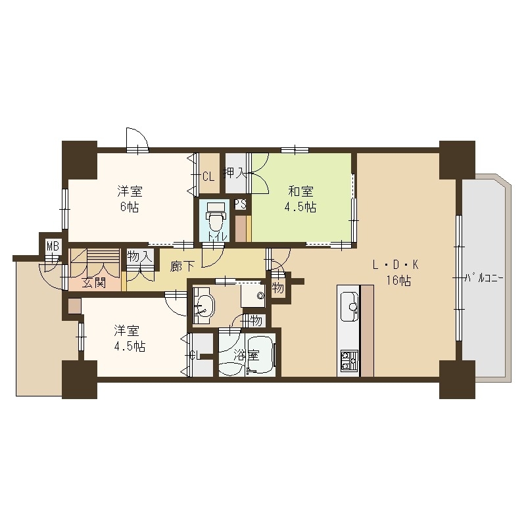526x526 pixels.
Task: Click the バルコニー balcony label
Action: click(x=483, y=278)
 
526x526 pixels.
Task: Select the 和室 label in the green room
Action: click(x=300, y=192)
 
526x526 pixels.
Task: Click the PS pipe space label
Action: click(x=241, y=204)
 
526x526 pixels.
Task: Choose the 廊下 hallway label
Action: click(x=182, y=267)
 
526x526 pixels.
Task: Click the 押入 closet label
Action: click(x=235, y=175)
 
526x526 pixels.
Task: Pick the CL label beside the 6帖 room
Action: click(x=208, y=176)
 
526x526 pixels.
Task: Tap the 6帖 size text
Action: click(x=130, y=207)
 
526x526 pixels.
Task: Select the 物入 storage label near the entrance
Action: click(x=139, y=256)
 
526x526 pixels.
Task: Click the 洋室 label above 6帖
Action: click(x=130, y=192)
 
